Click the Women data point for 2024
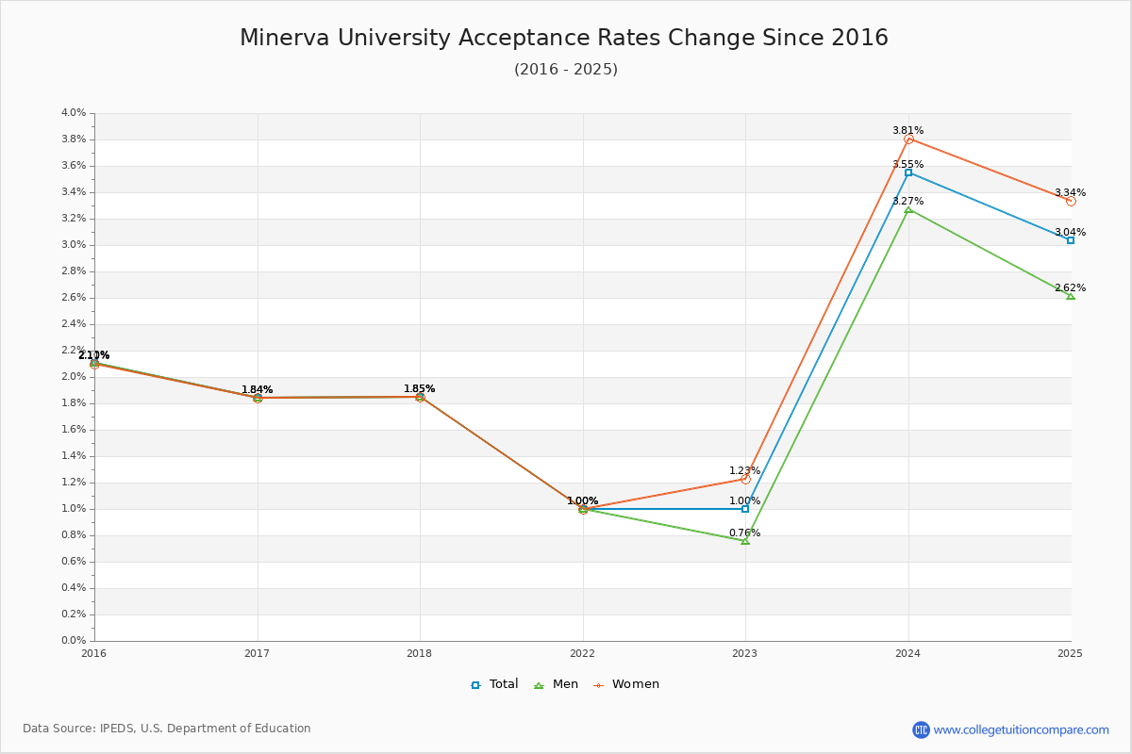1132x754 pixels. tap(908, 139)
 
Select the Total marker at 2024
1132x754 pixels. tap(908, 172)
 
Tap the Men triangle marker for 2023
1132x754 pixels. tap(745, 541)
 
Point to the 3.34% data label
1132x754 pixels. tap(1070, 192)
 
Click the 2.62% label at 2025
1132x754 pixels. tap(1070, 287)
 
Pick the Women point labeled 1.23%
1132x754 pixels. tap(745, 479)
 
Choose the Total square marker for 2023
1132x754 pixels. tap(745, 509)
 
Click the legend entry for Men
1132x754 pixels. tap(558, 684)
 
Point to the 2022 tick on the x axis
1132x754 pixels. tap(583, 652)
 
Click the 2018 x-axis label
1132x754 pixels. tap(420, 652)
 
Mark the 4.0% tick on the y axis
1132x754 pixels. tap(74, 113)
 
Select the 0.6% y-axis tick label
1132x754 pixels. tap(74, 562)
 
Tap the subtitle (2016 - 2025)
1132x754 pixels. tap(566, 69)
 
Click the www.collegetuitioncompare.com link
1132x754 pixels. tap(1021, 729)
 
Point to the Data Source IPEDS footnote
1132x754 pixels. tap(167, 729)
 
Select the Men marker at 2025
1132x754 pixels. tap(1071, 296)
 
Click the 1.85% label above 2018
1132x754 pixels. tap(420, 388)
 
